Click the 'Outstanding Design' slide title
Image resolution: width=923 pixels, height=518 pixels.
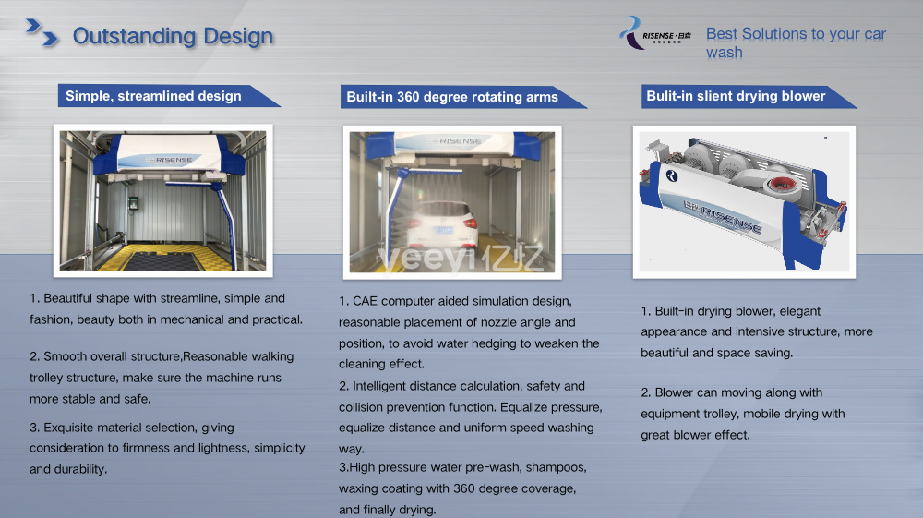tap(173, 36)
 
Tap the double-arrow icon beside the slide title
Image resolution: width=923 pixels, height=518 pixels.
tap(42, 32)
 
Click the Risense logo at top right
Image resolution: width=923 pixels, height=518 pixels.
tap(655, 33)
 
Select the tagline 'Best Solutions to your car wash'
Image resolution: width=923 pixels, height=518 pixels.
tap(796, 43)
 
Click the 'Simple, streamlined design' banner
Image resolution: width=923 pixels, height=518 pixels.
tap(168, 96)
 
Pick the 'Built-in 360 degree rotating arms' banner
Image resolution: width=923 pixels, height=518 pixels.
tap(462, 97)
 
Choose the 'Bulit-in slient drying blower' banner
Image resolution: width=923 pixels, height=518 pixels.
tap(748, 97)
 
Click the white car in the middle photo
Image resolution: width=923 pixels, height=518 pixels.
tap(443, 228)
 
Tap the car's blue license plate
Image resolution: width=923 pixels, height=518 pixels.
tap(445, 230)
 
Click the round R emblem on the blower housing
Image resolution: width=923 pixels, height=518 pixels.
tap(672, 175)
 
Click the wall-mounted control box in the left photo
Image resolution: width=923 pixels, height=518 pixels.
tap(134, 203)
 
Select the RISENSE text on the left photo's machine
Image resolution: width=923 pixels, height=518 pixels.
tap(174, 160)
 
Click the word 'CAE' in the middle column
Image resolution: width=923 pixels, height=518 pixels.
tap(365, 301)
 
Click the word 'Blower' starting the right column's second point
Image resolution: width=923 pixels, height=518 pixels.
tap(674, 392)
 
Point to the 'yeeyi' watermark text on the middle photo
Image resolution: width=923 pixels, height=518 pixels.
tap(422, 259)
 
